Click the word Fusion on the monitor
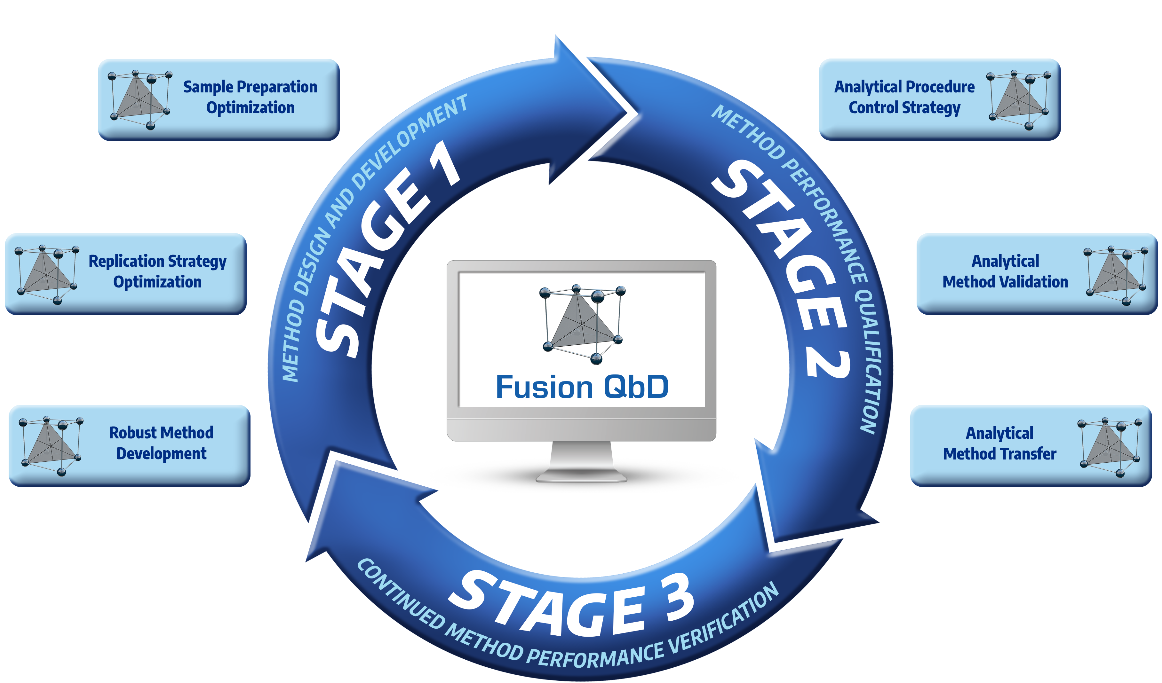pos(544,387)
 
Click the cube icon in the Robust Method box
pos(51,445)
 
